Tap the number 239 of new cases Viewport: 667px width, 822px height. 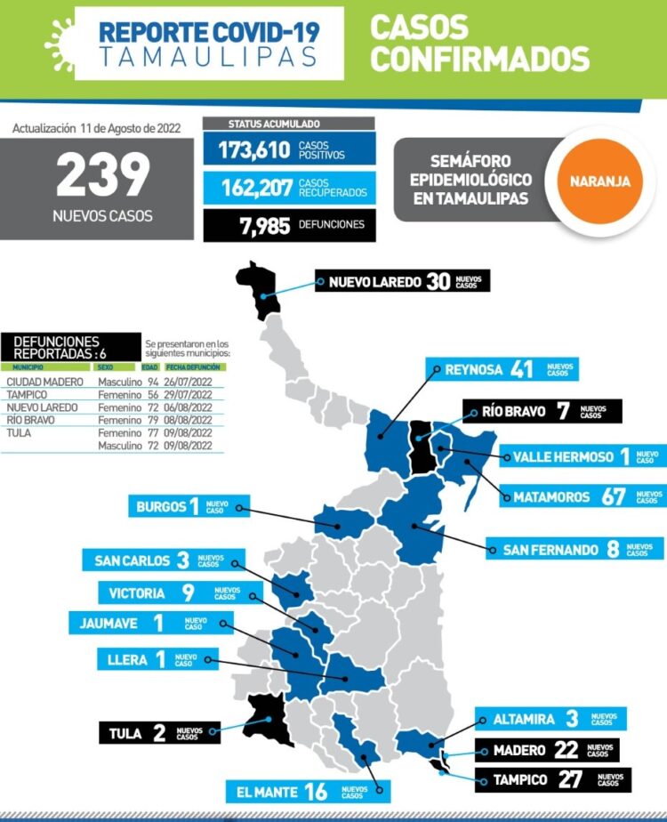[103, 176]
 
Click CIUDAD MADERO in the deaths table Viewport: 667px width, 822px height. [45, 383]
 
